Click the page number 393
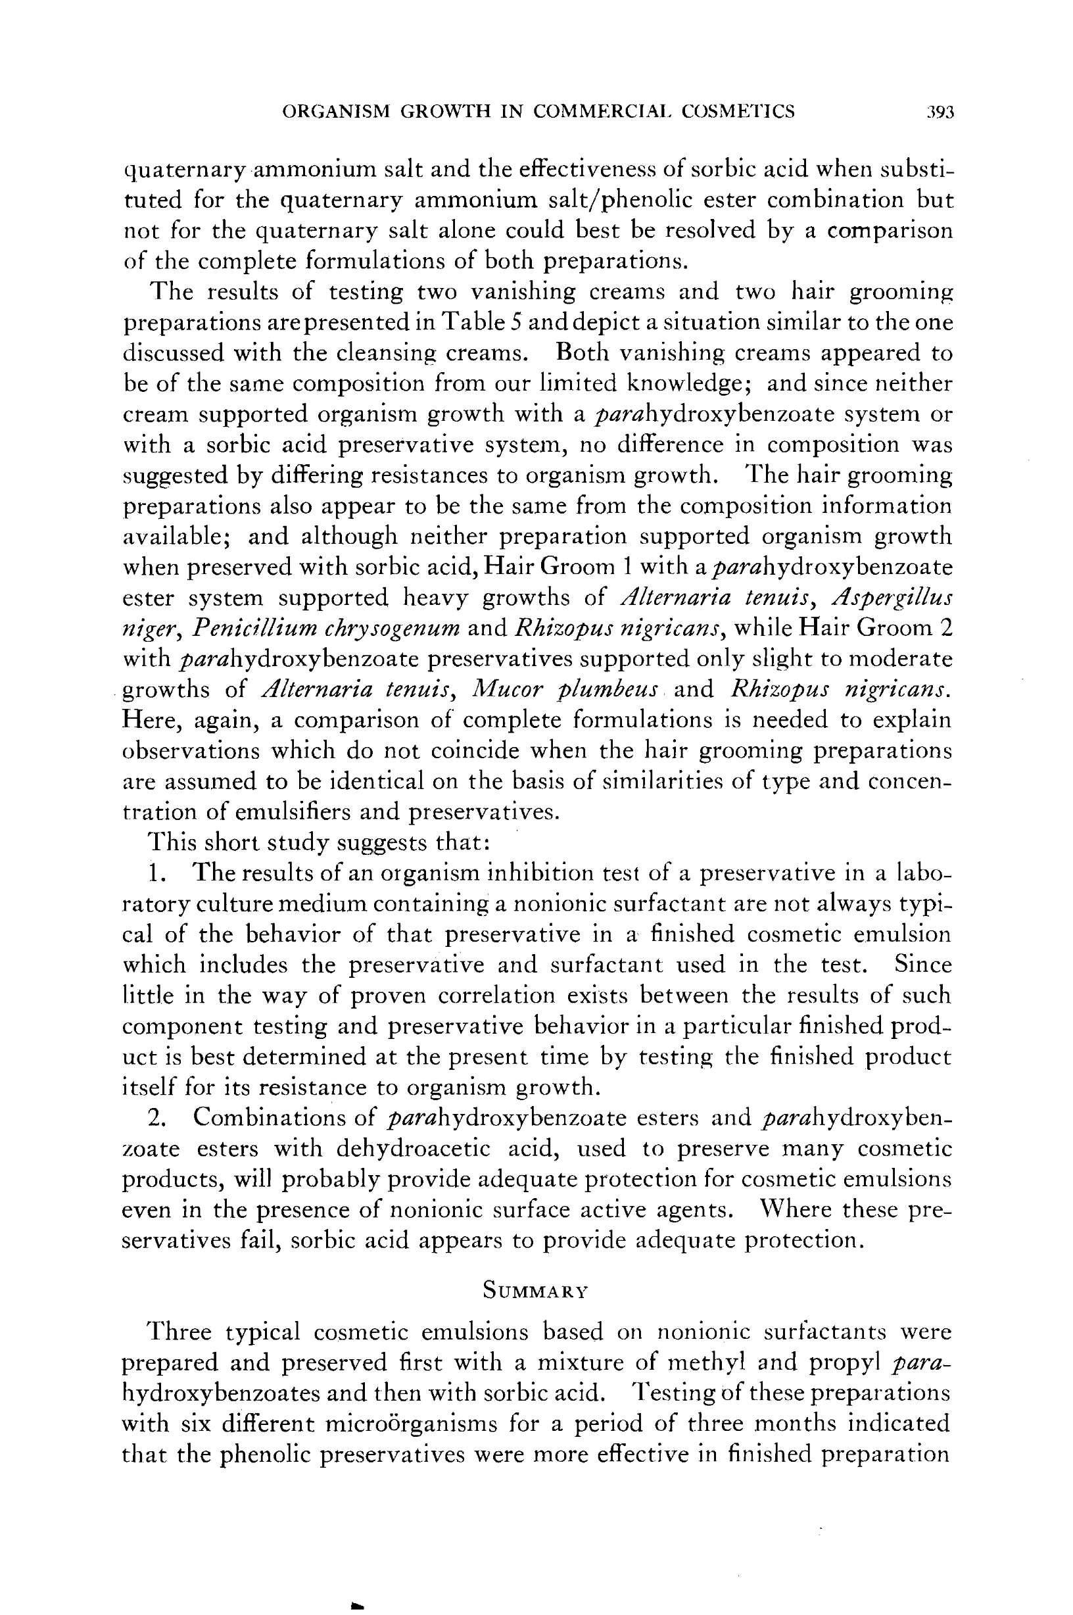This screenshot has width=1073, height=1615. [x=940, y=112]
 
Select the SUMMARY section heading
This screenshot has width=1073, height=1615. [x=535, y=1291]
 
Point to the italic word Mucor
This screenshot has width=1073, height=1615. [x=505, y=689]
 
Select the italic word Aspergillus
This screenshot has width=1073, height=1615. [x=891, y=598]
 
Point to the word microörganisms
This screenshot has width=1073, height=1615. [x=409, y=1424]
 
